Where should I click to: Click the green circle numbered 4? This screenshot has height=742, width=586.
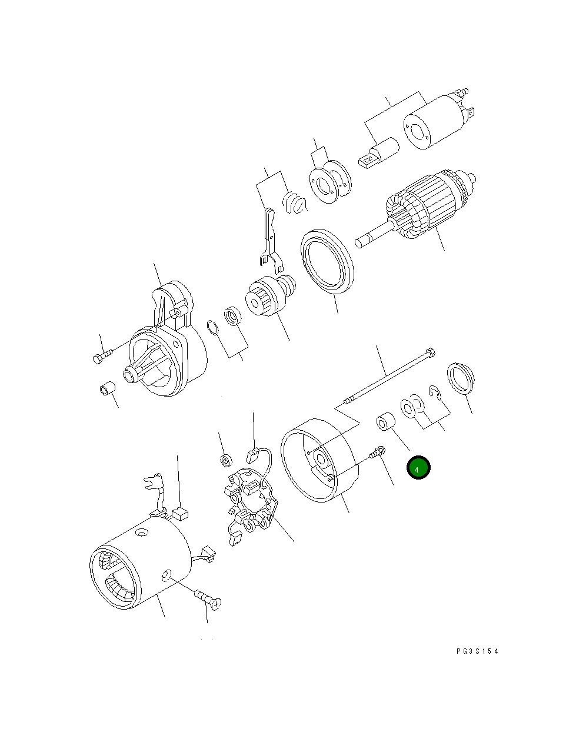point(418,468)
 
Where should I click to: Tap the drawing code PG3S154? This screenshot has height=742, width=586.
point(477,651)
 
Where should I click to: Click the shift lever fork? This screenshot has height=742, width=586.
point(269,238)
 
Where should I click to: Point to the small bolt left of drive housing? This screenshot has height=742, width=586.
point(102,356)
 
